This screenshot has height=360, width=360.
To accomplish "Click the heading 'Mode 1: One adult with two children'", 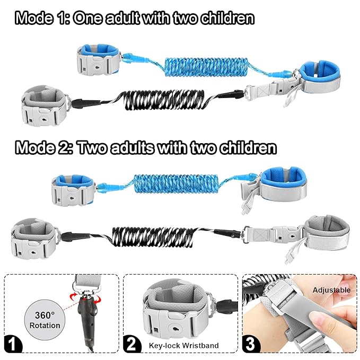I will (x=135, y=19).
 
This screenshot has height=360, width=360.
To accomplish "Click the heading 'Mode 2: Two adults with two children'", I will (x=146, y=147).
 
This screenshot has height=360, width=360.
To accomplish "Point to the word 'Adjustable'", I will (x=331, y=290).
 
